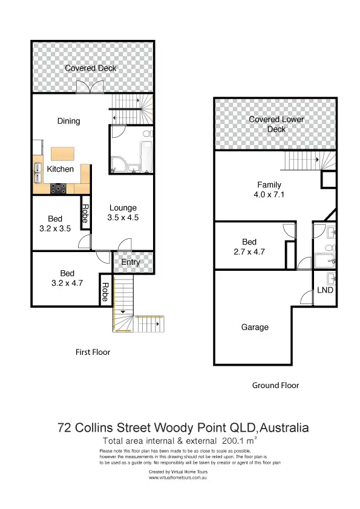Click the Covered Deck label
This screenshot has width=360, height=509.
91,68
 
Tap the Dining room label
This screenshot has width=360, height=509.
68,121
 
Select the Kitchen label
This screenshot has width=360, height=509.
61,169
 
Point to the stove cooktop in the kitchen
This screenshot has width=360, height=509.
60,187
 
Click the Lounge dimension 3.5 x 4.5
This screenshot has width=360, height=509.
123,218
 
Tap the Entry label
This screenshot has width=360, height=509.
131,262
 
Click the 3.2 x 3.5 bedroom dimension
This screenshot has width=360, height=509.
54,229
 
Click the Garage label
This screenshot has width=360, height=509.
255,327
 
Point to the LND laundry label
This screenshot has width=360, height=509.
325,291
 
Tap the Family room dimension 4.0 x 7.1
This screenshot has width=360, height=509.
269,195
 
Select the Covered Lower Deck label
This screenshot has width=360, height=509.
276,124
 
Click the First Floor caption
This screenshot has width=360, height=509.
93,352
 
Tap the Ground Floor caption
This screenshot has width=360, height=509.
275,385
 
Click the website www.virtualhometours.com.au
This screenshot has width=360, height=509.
179,478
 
